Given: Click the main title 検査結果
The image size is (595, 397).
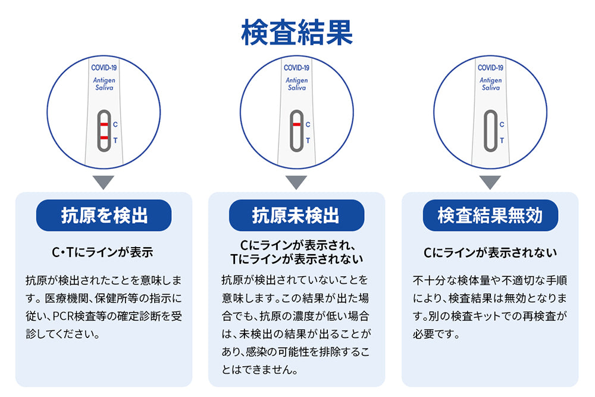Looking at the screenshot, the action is coord(297,33).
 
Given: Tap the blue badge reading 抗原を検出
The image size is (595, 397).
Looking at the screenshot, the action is coord(104,215).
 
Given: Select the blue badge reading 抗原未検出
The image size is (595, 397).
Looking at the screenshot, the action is coord(296,215).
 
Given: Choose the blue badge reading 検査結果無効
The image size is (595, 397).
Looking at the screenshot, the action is coord(490,215).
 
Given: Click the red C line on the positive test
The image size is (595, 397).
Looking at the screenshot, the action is coord(104,124).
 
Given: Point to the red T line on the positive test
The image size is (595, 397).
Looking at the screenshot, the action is coord(104,137).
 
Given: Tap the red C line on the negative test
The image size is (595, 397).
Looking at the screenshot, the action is coord(297,124).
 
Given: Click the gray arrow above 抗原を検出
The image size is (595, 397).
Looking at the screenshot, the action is coord(103,182).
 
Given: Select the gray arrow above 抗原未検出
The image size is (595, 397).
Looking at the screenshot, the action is coord(296,182).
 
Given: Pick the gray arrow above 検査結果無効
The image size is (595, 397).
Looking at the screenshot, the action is coord(490,182).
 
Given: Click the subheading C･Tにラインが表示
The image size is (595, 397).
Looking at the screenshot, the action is coord(102,252).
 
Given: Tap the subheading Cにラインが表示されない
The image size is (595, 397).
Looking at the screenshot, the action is coord(490,252).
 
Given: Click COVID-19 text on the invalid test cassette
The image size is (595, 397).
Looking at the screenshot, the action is coord(490,68).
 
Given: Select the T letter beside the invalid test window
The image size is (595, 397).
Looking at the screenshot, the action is coord(502,140).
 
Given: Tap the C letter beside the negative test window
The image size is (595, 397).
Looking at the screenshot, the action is coord(308,124).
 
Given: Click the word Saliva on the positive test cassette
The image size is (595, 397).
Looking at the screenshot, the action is coord(104,87).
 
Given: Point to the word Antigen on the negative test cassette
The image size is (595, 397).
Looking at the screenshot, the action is coord(297,80).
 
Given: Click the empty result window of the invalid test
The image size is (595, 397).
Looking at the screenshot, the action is coord(490,131).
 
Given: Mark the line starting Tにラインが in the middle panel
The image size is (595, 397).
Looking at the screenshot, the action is coord(296,259).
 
